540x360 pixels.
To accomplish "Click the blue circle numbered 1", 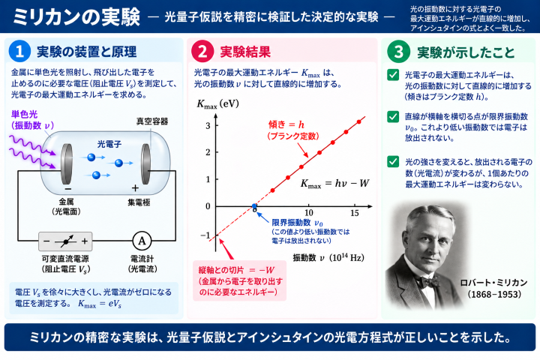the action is click(19, 51).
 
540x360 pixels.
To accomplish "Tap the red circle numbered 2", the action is click(202, 52).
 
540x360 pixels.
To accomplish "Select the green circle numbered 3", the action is click(398, 52).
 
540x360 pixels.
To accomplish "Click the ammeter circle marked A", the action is click(142, 241).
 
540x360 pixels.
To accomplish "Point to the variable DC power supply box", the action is click(65, 241).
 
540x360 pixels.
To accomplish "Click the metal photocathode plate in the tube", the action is click(67, 164).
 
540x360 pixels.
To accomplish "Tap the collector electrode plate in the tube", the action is click(146, 163).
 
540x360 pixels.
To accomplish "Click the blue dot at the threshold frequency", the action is click(254, 206).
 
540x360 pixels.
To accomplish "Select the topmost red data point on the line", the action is click(358, 122).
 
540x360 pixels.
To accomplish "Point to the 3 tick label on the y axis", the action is click(208, 125).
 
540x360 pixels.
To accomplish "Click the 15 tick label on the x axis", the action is click(354, 213).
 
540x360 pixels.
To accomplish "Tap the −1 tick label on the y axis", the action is click(205, 235).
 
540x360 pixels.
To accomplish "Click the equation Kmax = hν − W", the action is click(334, 184).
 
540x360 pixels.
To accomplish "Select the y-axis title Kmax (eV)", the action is click(217, 104).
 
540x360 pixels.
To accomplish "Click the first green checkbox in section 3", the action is click(393, 75).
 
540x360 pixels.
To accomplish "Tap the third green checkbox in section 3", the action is click(393, 161).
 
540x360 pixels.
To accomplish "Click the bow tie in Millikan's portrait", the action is click(430, 281).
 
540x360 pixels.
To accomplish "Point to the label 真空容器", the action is click(151, 121).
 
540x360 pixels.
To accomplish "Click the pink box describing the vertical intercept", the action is click(240, 280).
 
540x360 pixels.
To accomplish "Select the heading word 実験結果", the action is click(245, 52).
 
